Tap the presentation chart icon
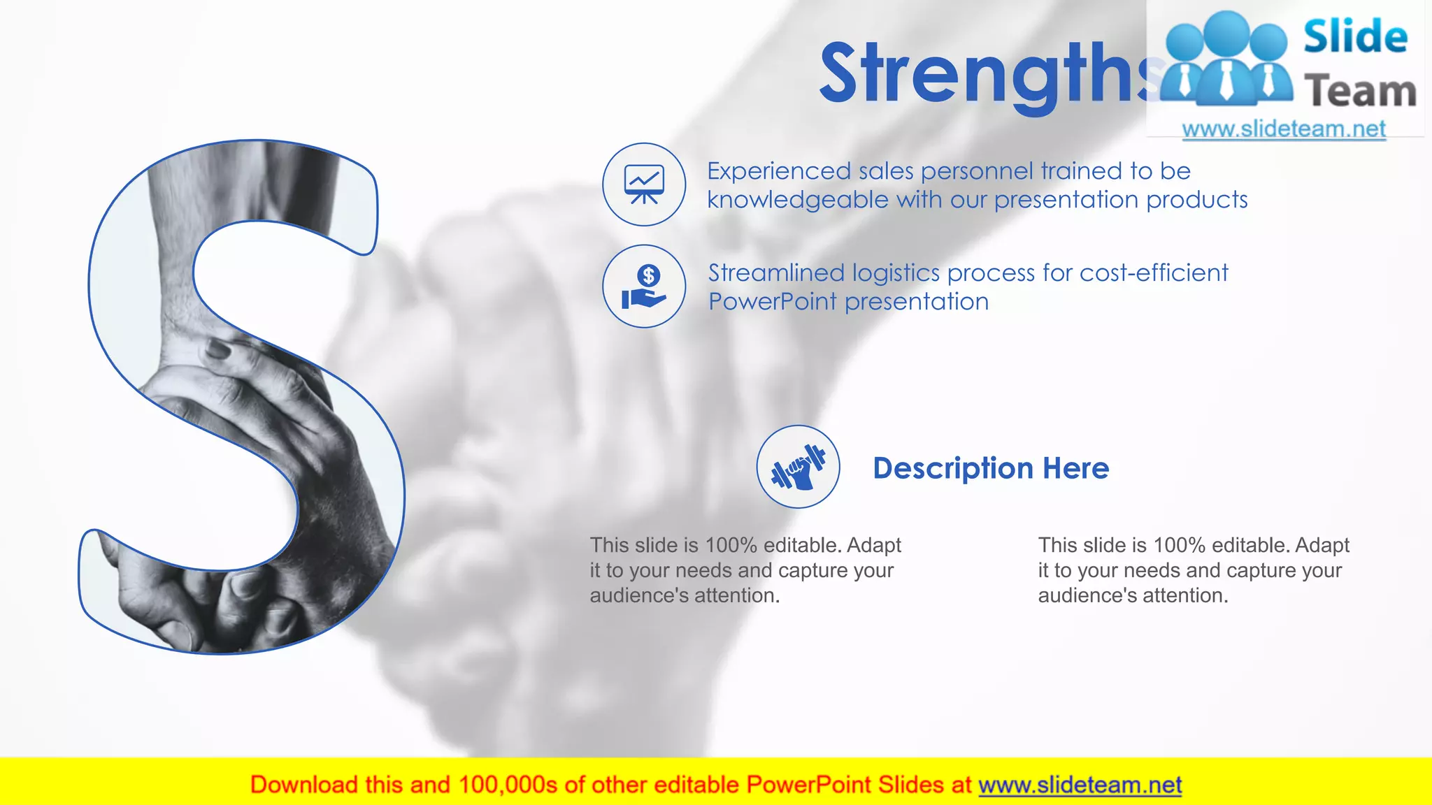644,184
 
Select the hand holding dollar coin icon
644,287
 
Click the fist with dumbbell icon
798,467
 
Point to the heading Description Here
991,468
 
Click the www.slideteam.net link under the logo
1284,129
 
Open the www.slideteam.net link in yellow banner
1080,785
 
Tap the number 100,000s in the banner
508,785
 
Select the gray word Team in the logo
1360,92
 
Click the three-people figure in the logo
1227,59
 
